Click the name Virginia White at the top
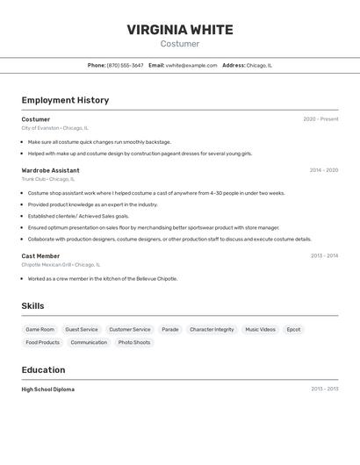(180, 30)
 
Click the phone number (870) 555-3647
(125, 65)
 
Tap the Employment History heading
(65, 100)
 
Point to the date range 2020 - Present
(320, 119)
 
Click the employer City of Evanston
(40, 128)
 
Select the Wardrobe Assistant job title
(50, 170)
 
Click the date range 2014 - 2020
(323, 170)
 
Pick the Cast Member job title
(40, 256)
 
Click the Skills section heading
(32, 306)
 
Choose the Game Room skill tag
(40, 330)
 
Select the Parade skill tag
(170, 330)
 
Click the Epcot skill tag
(293, 330)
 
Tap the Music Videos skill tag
(260, 330)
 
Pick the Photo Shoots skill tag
(134, 342)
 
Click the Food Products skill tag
(43, 342)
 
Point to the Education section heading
(43, 369)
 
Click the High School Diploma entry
(48, 389)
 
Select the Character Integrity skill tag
(212, 330)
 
